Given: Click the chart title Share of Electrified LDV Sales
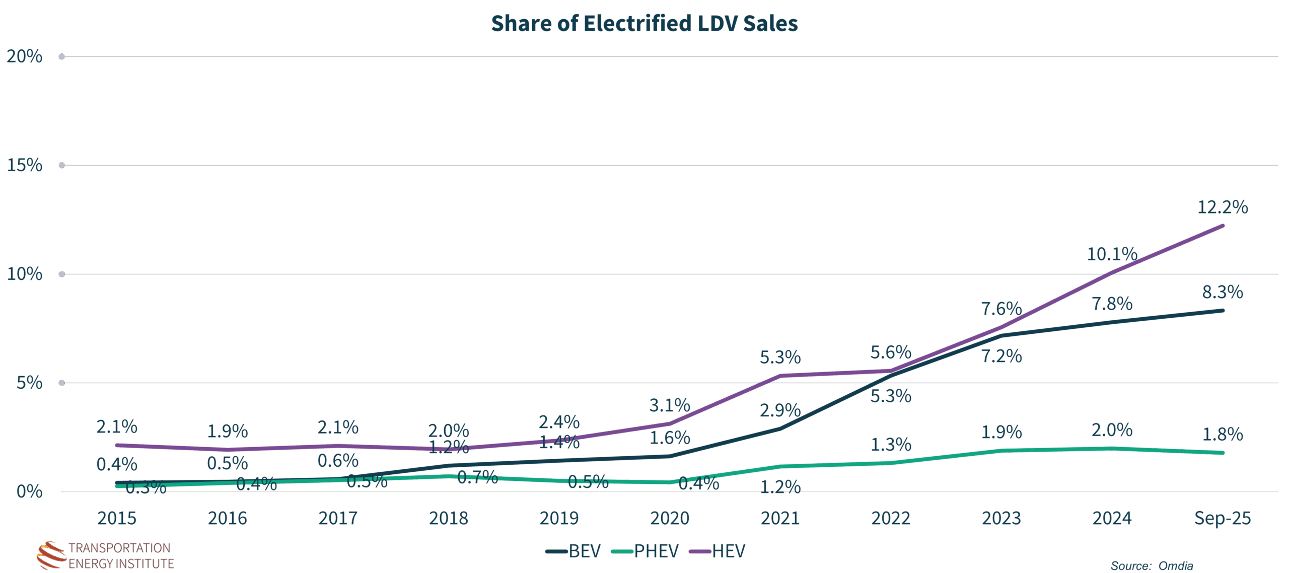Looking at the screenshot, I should pos(644,24).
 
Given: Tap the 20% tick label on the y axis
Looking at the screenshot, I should pos(24,56).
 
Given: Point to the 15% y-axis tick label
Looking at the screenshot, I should pos(24,165).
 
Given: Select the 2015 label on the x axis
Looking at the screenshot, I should pos(117,518).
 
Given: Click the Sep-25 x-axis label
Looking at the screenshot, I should pos(1222,518).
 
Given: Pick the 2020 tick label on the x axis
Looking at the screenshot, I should pos(670,518).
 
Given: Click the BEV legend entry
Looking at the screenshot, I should pos(574,551).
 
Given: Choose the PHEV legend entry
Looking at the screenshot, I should pos(646,551).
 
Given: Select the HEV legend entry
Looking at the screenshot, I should pos(718,551).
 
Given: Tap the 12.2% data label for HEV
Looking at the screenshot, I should pos(1223,207).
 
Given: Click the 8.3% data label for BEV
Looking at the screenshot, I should pos(1223,292).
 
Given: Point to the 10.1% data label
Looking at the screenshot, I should pos(1112,254).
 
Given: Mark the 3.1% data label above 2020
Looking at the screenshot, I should pos(670,405).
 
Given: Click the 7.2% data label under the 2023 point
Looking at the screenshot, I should pos(1001,356).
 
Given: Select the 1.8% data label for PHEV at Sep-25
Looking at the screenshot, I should pos(1223,434).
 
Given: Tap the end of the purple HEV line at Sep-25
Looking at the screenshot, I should pos(1223,226).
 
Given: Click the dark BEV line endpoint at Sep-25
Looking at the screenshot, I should pos(1223,311).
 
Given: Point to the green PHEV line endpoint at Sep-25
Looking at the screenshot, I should pos(1223,453).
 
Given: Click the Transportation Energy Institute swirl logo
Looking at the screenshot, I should pos(51,555).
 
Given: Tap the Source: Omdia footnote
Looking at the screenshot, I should pos(1152,566).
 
